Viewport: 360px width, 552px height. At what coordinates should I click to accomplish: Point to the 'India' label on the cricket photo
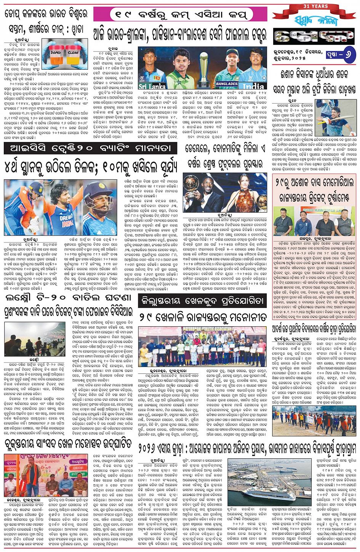click(x=253, y=86)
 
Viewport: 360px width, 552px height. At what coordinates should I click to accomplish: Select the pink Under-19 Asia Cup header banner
click(x=180, y=14)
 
